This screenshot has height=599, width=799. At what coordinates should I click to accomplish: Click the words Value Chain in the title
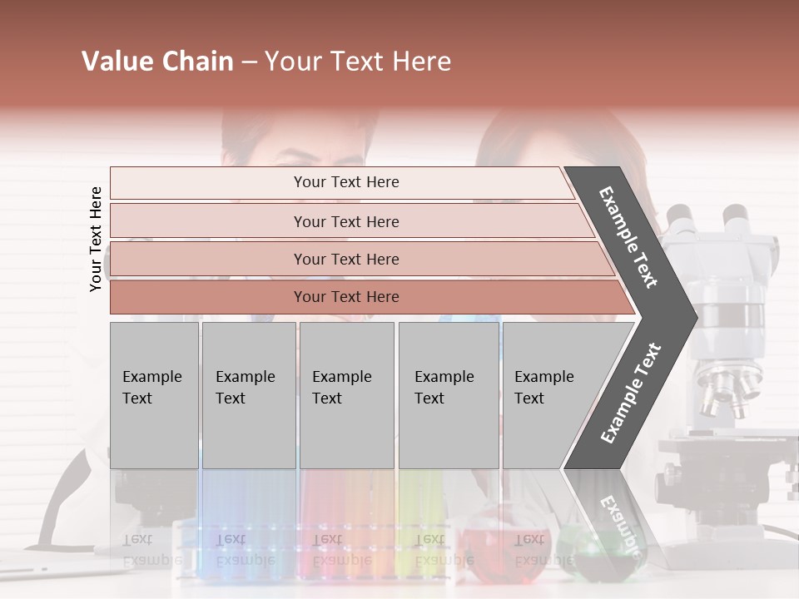[x=157, y=62]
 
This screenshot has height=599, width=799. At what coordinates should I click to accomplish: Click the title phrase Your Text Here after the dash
[x=358, y=62]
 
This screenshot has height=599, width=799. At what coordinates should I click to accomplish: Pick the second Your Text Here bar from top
[x=346, y=221]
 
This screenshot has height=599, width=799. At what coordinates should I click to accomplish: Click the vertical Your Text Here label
[x=96, y=239]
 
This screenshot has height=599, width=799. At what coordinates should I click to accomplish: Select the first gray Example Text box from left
[x=154, y=394]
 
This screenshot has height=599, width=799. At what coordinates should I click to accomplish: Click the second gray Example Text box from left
[x=248, y=394]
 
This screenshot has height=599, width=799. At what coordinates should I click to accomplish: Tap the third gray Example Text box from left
[x=346, y=394]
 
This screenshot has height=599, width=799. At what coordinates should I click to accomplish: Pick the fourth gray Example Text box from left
[x=448, y=394]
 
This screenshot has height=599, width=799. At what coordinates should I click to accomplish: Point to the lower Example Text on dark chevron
[x=630, y=393]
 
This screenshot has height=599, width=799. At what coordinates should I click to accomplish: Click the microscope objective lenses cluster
[x=728, y=387]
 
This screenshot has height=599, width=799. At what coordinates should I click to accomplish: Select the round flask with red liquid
[x=491, y=545]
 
